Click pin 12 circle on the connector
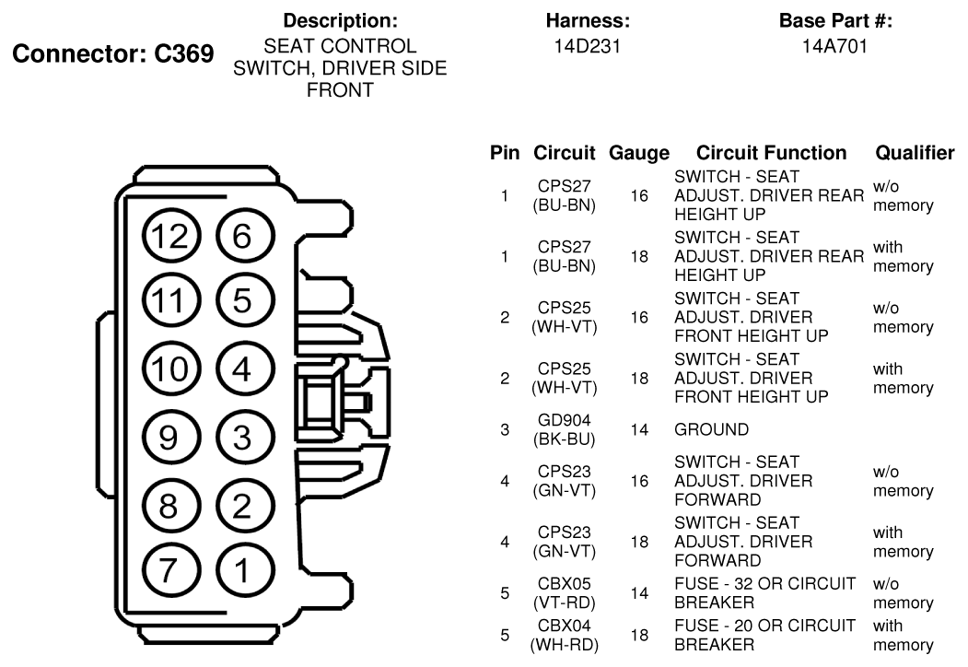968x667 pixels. (x=171, y=237)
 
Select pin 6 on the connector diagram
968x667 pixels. (x=245, y=237)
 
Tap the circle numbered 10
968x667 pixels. (x=171, y=369)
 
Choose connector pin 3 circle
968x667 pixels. (x=245, y=438)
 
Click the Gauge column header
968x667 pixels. (x=639, y=153)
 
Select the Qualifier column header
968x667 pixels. (x=915, y=153)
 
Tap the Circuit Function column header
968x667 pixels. (x=771, y=153)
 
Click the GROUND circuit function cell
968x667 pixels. (x=711, y=429)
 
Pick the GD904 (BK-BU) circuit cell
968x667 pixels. (x=565, y=429)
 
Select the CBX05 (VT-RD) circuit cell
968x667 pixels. (x=565, y=593)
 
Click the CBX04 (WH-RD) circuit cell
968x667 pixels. (x=565, y=635)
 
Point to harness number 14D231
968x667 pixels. (x=587, y=46)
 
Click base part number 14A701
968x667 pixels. (x=834, y=46)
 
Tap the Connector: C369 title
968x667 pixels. (x=113, y=53)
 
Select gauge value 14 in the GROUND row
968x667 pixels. (x=639, y=429)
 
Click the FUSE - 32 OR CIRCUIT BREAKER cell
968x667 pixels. (x=764, y=593)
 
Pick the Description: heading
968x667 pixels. (x=340, y=20)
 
